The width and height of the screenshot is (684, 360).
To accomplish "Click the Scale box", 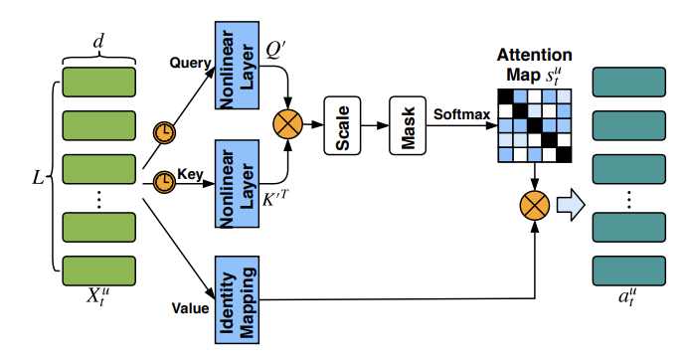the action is click(x=342, y=125).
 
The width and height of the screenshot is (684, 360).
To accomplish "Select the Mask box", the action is click(x=408, y=125).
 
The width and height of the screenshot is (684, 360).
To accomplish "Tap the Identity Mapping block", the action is click(x=237, y=299).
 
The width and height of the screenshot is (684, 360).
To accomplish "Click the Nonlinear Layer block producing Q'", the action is click(x=237, y=65).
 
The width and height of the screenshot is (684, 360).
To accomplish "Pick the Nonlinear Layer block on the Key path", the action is click(x=237, y=184).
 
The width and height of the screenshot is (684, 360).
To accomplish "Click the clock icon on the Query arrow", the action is click(x=164, y=132).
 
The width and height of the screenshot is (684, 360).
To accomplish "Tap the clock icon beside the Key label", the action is click(x=164, y=182).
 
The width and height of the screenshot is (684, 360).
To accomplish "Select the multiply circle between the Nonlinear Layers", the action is click(x=288, y=124).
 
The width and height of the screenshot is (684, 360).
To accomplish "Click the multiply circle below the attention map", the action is click(x=535, y=206).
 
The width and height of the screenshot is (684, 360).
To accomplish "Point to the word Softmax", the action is click(x=462, y=114).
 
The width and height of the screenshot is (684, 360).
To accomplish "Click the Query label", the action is click(x=190, y=63).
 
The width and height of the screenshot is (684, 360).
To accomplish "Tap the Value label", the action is click(x=190, y=308).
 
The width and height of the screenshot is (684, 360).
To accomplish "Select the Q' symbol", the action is click(x=275, y=50).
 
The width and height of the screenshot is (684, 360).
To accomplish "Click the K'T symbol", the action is click(x=274, y=198).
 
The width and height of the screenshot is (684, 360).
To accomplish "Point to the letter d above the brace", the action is click(x=99, y=42).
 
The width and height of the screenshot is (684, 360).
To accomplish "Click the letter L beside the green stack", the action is click(x=39, y=178).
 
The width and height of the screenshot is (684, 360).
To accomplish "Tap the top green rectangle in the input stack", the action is click(x=99, y=82).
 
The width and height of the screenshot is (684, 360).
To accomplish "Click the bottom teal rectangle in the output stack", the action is click(x=629, y=270).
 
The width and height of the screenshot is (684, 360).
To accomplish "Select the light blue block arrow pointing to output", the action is click(x=571, y=205).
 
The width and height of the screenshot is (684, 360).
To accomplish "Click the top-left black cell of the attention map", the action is click(x=506, y=96).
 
